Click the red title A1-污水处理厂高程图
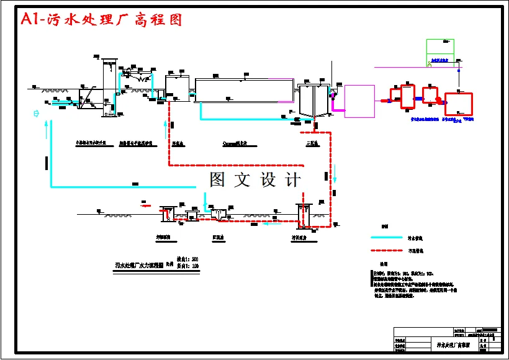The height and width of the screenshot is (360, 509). click(x=102, y=20)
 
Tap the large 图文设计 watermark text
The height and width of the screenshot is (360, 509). click(x=255, y=180)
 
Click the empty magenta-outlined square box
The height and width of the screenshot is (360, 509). click(x=359, y=101)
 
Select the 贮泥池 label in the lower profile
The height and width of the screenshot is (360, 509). click(x=218, y=236)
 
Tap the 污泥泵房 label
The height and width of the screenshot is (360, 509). click(x=300, y=237)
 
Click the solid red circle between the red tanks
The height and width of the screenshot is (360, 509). click(x=438, y=99)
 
